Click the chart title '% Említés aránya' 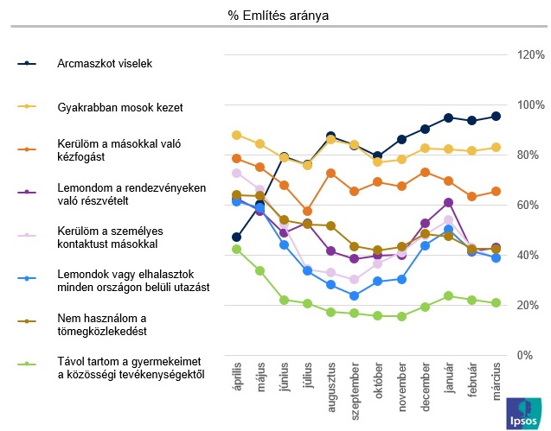[278, 16]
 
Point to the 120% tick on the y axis [529, 55]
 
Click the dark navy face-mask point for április [237, 237]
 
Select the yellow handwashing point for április [237, 135]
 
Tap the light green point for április [237, 249]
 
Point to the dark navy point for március [496, 116]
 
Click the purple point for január [448, 202]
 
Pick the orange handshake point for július [308, 211]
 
